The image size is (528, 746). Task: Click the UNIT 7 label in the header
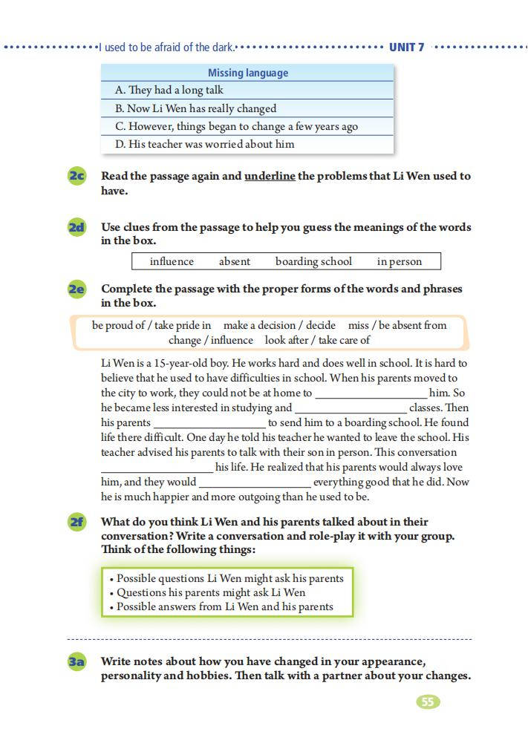[x=406, y=48]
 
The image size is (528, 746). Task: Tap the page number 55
[x=428, y=701]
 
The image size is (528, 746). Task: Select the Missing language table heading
[x=247, y=73]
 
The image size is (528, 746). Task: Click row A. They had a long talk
[x=169, y=90]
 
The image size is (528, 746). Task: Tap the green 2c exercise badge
[x=77, y=177]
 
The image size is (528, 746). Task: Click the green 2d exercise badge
[x=77, y=228]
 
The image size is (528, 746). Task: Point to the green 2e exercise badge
[x=77, y=289]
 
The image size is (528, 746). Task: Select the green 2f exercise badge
[x=77, y=523]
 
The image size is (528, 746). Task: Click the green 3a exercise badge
[x=77, y=662]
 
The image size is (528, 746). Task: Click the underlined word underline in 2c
[x=270, y=177]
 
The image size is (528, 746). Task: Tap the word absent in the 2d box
[x=235, y=261]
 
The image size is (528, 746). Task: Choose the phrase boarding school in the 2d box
[x=313, y=261]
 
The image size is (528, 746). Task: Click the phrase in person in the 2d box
[x=399, y=261]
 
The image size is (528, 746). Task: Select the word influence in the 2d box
[x=172, y=261]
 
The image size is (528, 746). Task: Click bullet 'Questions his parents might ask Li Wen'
[x=211, y=592]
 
